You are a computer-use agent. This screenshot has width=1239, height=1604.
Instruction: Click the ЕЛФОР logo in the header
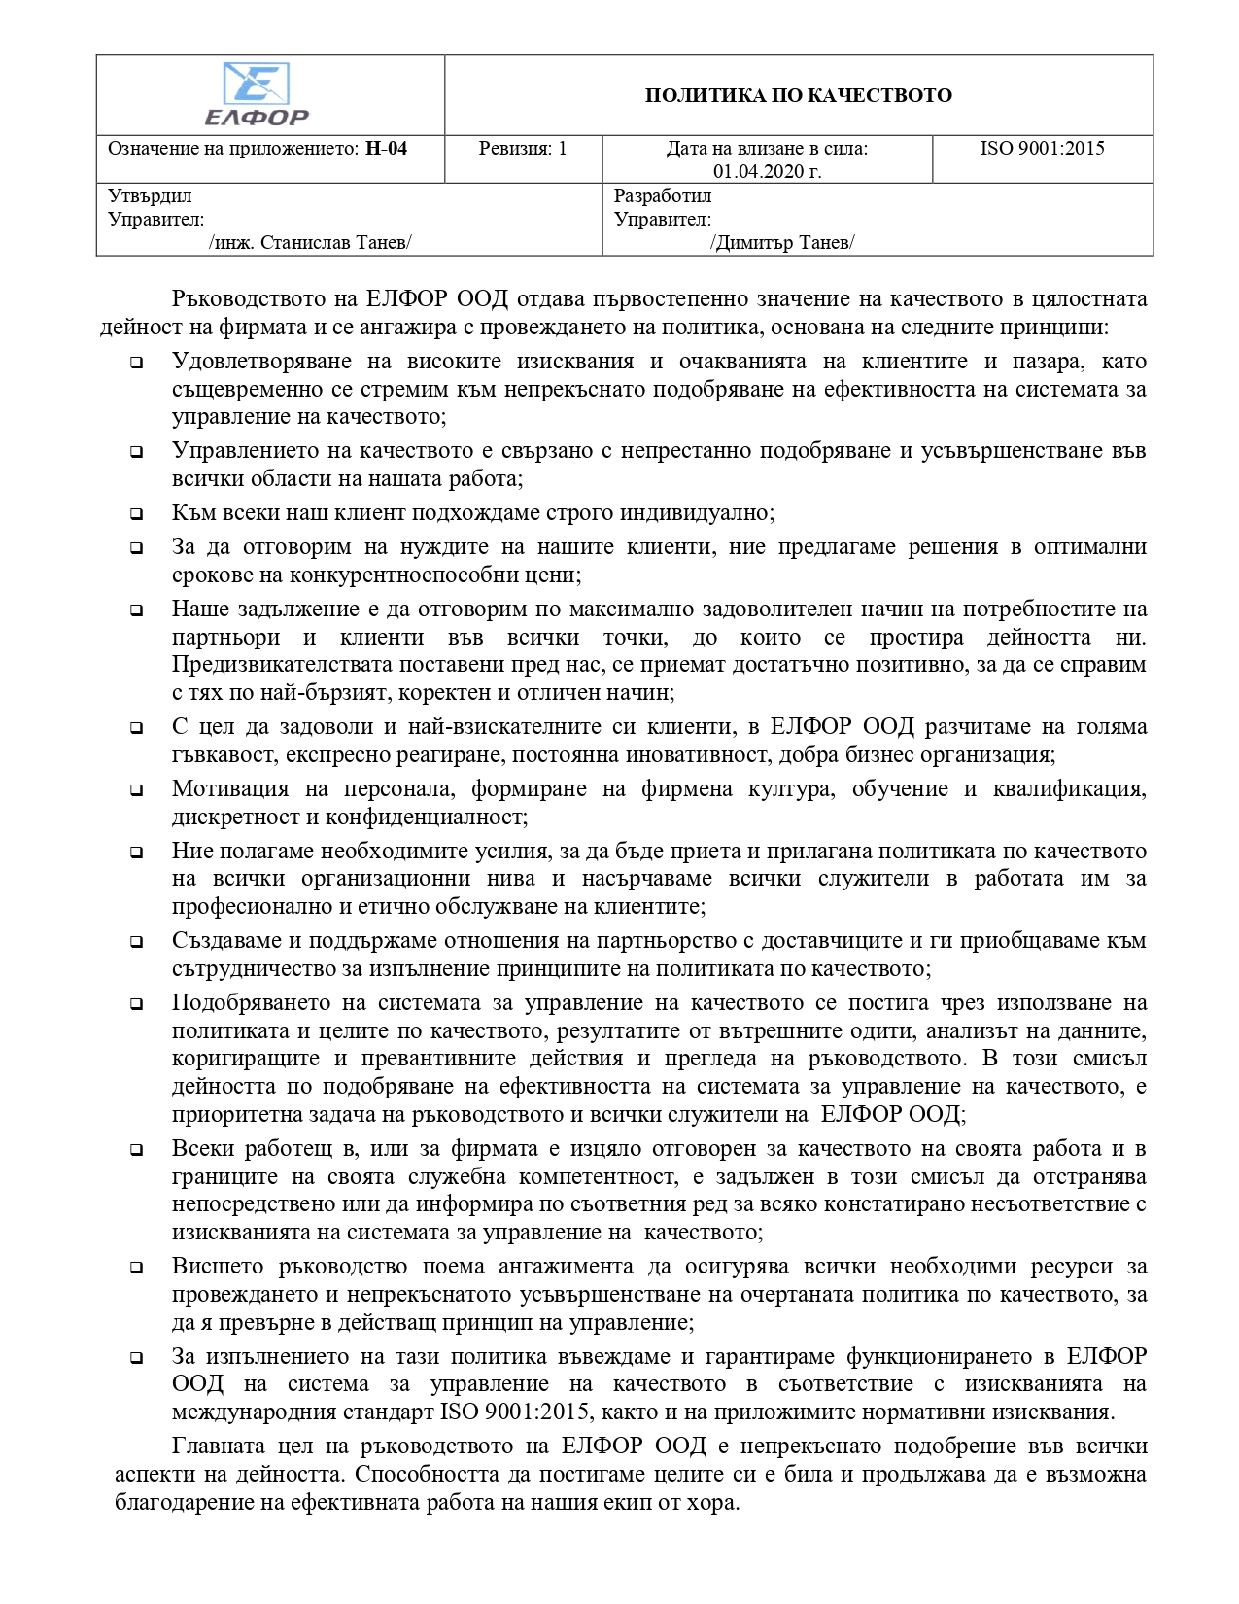pos(257,94)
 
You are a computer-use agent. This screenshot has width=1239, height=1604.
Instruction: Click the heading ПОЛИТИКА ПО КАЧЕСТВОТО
pos(798,95)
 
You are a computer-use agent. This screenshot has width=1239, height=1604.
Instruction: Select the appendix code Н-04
pos(386,149)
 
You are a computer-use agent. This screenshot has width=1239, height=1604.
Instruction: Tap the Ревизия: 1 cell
pos(523,149)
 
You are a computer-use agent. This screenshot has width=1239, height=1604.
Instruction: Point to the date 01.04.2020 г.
pos(767,172)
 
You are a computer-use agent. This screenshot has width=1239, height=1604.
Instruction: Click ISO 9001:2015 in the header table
pos(1042,149)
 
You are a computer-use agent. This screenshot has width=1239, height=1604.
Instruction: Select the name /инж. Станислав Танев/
pos(310,242)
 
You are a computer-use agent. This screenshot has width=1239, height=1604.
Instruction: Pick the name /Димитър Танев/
pos(782,242)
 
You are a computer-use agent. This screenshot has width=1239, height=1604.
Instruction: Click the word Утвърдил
pos(150,196)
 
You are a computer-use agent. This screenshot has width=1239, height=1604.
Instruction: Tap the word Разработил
pos(663,196)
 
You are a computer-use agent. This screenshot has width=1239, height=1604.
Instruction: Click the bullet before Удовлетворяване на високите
pos(137,363)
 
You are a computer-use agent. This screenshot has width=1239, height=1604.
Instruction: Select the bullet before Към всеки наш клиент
pos(137,514)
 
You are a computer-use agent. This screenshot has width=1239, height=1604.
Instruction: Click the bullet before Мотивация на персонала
pos(137,790)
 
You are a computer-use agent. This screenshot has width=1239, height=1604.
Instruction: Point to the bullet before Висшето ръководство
pos(137,1268)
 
